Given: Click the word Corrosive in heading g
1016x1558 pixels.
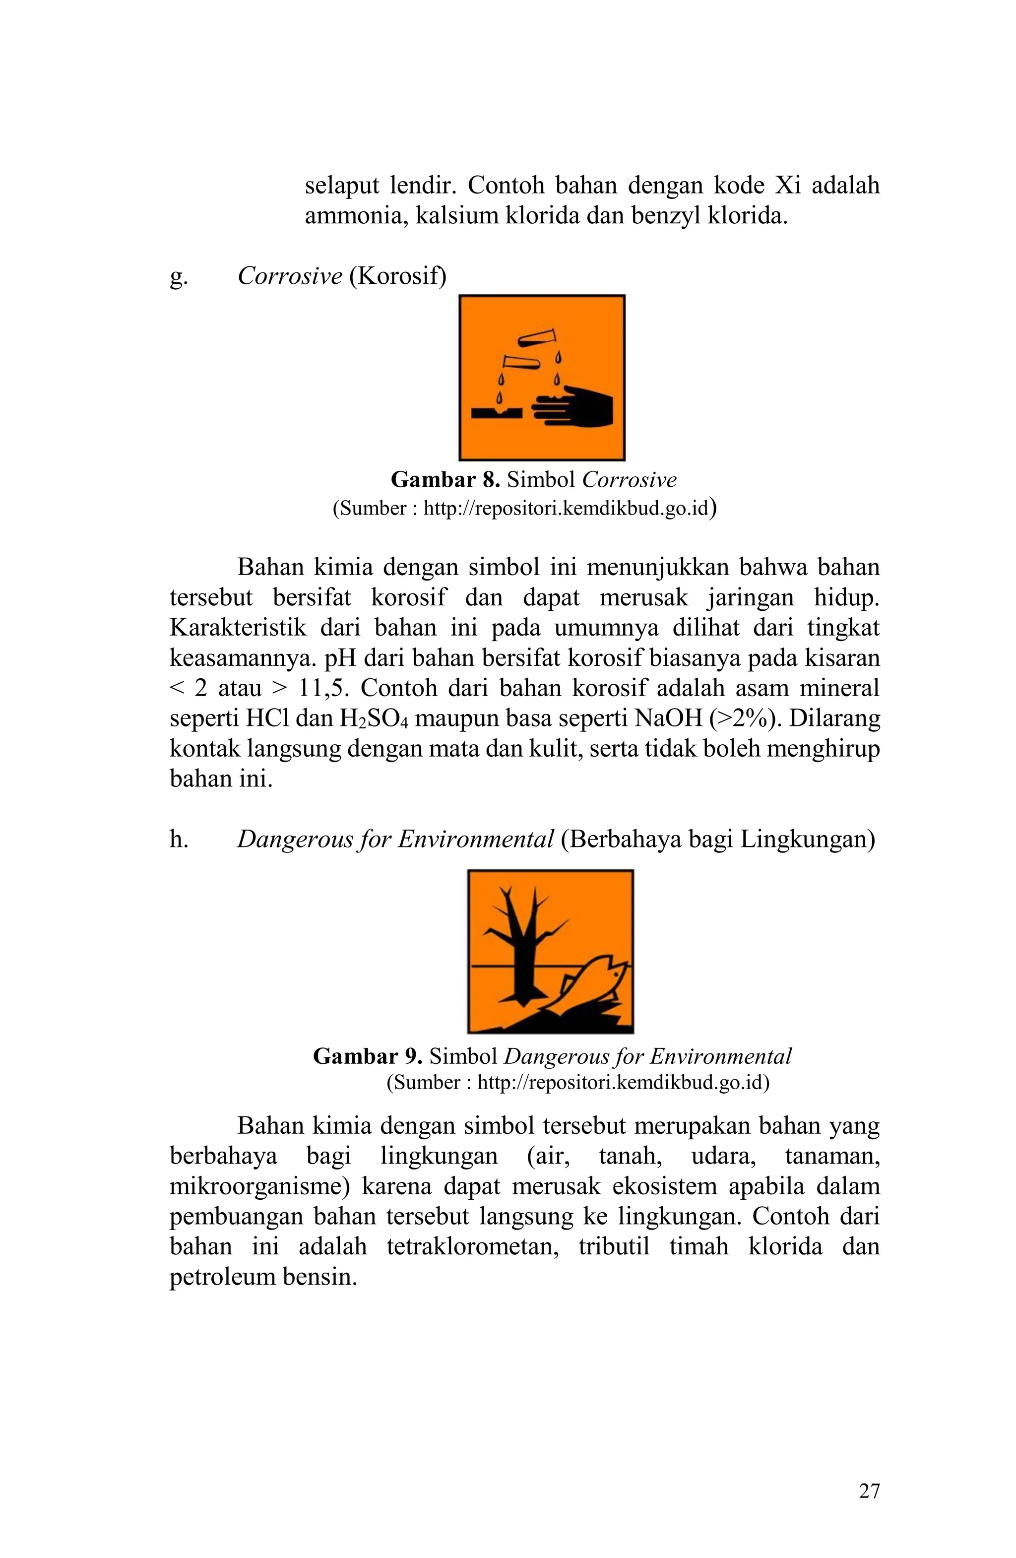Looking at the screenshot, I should [x=289, y=276].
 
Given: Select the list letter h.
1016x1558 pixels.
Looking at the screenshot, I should [x=178, y=839].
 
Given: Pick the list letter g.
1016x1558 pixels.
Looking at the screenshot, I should [x=178, y=277].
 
